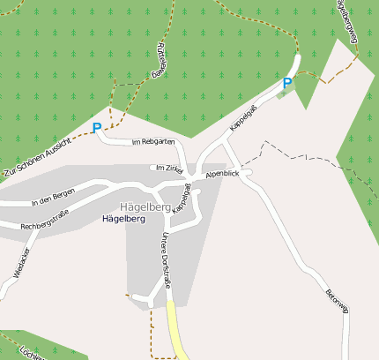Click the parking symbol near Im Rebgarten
tap(96, 128)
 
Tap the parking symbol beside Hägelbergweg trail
tap(286, 83)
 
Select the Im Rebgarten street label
tap(152, 141)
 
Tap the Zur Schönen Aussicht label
tap(34, 158)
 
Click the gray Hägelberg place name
tap(145, 206)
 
